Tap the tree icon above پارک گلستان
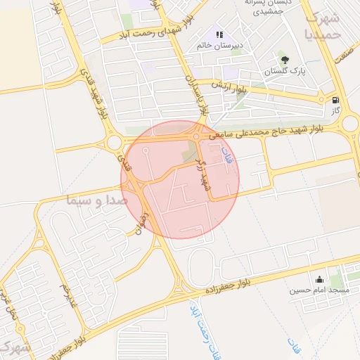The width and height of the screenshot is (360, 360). pos(284,60)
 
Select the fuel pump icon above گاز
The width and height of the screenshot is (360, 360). pos(335,100)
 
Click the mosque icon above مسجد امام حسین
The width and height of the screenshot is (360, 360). pos(320,278)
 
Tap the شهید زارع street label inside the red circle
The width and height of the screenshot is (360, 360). pos(205,176)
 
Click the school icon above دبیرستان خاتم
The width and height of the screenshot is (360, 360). pos(220,34)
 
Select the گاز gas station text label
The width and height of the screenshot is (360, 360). pos(336,111)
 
